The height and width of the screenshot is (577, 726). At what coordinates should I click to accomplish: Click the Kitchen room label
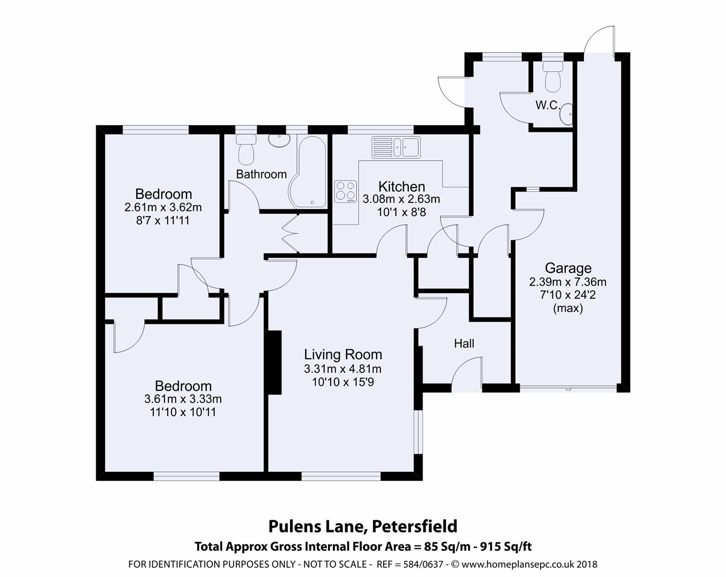[x=402, y=186]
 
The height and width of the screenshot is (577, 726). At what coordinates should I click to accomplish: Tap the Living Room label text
[x=343, y=354]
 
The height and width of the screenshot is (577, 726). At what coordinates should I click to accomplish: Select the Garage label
[x=568, y=268]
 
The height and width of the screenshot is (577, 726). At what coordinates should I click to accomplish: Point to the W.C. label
[x=548, y=105]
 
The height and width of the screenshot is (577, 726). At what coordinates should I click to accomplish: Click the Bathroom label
[x=261, y=174]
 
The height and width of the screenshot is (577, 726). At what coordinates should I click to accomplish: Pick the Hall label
[x=464, y=344]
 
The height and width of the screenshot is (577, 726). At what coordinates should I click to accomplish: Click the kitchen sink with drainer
[x=396, y=147]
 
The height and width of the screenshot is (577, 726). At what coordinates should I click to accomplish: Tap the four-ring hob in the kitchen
[x=345, y=191]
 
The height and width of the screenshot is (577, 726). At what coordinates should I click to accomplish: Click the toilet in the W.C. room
[x=552, y=75]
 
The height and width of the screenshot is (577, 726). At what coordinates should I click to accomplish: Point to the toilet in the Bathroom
[x=246, y=149]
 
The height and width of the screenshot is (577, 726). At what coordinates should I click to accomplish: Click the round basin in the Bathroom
[x=278, y=141]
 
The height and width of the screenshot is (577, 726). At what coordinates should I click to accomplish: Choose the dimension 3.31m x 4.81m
[x=343, y=369]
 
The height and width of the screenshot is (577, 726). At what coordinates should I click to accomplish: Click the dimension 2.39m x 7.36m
[x=568, y=282]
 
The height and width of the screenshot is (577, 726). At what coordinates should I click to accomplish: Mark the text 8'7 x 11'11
[x=163, y=220]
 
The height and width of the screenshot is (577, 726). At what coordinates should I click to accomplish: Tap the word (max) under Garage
[x=568, y=308]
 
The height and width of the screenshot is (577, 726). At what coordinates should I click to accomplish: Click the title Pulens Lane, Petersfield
[x=363, y=526]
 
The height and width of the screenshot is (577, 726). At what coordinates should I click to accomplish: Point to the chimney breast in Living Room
[x=275, y=362]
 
